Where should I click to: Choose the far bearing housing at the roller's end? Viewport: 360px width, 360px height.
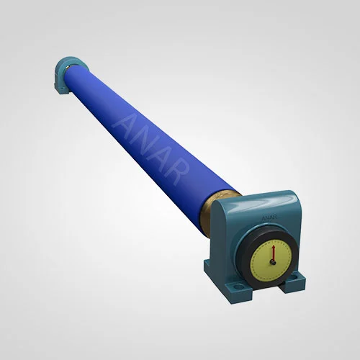pyautogui.click(x=66, y=73)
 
